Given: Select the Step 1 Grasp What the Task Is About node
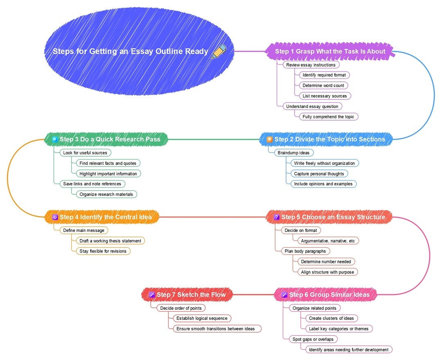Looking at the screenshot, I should pyautogui.click(x=330, y=51).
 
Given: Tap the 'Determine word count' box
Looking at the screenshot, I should pyautogui.click(x=323, y=85).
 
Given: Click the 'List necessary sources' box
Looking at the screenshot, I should pyautogui.click(x=325, y=96).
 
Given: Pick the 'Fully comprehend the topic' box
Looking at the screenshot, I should pyautogui.click(x=329, y=117).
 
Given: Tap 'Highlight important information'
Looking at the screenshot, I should pyautogui.click(x=108, y=173).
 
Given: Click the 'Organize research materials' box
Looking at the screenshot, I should pyautogui.click(x=106, y=194).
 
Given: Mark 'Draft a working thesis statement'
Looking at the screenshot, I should pyautogui.click(x=110, y=241).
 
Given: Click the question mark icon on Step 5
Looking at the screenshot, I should pyautogui.click(x=277, y=217).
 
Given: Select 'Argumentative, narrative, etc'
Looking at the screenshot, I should pyautogui.click(x=328, y=241).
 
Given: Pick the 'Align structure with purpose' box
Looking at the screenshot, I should pyautogui.click(x=328, y=272).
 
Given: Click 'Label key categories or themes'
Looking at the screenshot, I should pyautogui.click(x=339, y=328).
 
